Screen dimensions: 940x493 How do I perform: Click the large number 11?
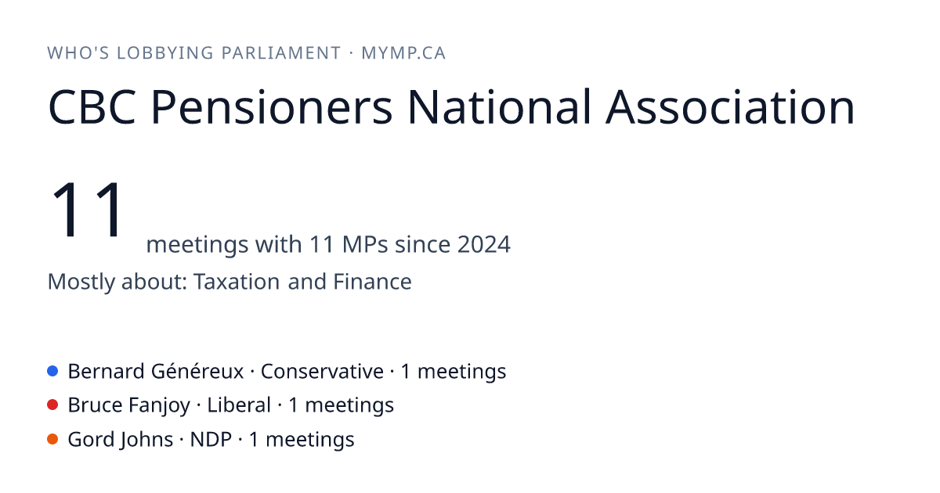tap(87, 209)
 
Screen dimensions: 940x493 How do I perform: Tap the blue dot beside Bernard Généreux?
tap(52, 371)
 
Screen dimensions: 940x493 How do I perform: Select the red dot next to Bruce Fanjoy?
tap(52, 405)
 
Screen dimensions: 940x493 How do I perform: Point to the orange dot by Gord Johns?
tap(52, 439)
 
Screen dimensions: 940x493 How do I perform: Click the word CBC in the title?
tap(92, 107)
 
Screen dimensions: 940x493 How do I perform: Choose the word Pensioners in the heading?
tap(272, 107)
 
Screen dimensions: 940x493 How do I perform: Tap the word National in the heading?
tap(499, 107)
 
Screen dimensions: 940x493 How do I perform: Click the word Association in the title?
tap(730, 107)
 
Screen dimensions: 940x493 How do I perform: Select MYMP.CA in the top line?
tap(403, 53)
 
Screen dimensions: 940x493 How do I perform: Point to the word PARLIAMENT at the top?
tap(280, 53)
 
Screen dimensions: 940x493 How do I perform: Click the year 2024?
tap(484, 244)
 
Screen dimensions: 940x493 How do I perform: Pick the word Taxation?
tap(237, 281)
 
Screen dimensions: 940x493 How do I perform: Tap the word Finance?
tap(372, 281)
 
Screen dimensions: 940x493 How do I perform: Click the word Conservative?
tap(322, 372)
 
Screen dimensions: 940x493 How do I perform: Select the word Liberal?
tap(239, 405)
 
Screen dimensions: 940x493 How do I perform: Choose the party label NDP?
tap(211, 440)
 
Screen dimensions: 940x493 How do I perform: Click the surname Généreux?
tap(197, 372)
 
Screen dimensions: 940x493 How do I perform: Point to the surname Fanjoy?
tap(160, 406)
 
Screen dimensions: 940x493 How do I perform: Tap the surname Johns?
tap(146, 440)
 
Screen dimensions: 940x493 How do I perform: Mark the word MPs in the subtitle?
tap(365, 244)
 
